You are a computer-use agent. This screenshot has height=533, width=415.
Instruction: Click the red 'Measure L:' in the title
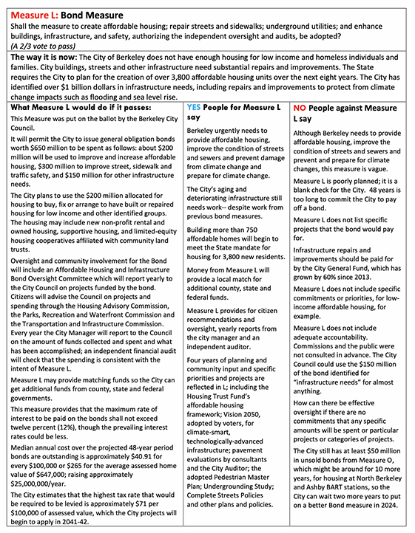[x=33, y=13]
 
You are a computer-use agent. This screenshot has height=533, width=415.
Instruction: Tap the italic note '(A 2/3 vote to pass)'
[x=44, y=44]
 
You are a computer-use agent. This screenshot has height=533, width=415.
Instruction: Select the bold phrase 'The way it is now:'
[x=44, y=57]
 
